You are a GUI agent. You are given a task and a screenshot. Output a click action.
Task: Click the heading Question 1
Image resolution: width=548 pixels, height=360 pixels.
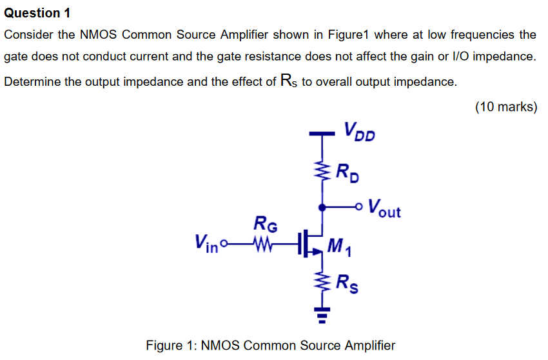(37, 12)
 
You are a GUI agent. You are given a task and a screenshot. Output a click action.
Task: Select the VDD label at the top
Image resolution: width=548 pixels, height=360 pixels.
(359, 132)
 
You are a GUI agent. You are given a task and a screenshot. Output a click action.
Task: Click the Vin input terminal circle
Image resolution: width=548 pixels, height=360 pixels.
(224, 244)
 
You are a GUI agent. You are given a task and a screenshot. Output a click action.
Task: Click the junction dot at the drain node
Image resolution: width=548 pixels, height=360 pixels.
(320, 208)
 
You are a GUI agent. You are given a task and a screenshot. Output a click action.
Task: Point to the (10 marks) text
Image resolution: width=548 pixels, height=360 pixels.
(505, 107)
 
